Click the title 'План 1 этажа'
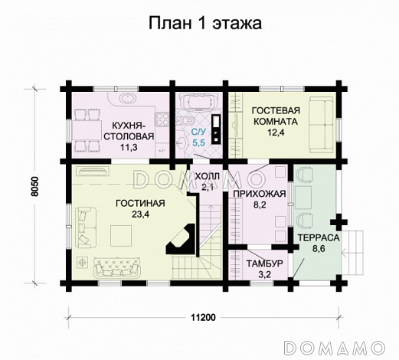204,23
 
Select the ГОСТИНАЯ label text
141,203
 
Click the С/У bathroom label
198,132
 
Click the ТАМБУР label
265,263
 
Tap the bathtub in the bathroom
197,103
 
